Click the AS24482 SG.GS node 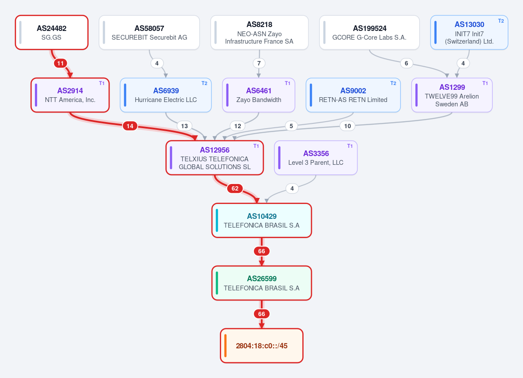pyautogui.click(x=52, y=32)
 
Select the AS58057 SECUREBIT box pyautogui.click(x=149, y=32)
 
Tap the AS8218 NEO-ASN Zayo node pyautogui.click(x=259, y=32)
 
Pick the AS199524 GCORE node pyautogui.click(x=369, y=32)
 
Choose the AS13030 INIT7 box pyautogui.click(x=469, y=32)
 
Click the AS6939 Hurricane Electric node pyautogui.click(x=166, y=95)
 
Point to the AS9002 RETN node pyautogui.click(x=353, y=95)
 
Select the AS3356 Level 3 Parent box pyautogui.click(x=315, y=158)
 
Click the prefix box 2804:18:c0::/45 pyautogui.click(x=262, y=346)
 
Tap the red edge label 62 pyautogui.click(x=235, y=188)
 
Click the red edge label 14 pyautogui.click(x=130, y=126)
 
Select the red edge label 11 pyautogui.click(x=60, y=63)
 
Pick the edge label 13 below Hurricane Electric pyautogui.click(x=185, y=126)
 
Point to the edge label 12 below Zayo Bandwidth pyautogui.click(x=237, y=126)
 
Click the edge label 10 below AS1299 pyautogui.click(x=348, y=126)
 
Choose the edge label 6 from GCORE pyautogui.click(x=406, y=63)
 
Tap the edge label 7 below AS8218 pyautogui.click(x=259, y=63)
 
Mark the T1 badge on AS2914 pyautogui.click(x=102, y=83)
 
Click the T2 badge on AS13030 pyautogui.click(x=501, y=20)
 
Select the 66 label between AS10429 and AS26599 pyautogui.click(x=262, y=251)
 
